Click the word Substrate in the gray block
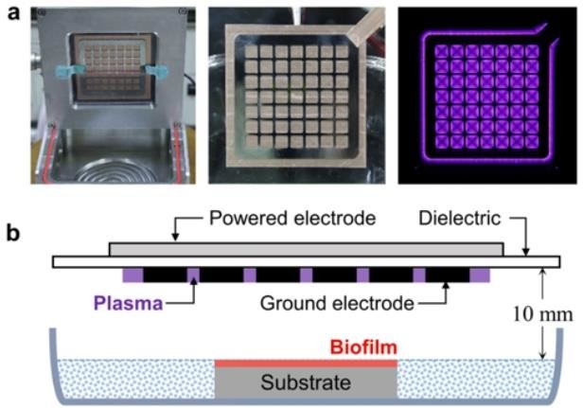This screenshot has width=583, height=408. coord(306,383)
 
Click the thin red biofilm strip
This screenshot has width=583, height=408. coord(306,364)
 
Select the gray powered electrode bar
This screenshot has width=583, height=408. coord(306,248)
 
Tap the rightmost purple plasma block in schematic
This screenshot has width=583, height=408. coord(481,275)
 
